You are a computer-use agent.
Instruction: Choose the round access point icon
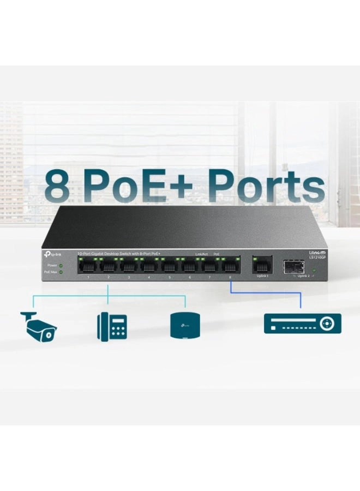tap(185, 326)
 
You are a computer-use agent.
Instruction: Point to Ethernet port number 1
tap(88, 266)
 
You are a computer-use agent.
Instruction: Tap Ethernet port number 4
tap(149, 266)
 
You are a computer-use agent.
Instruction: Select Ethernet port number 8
tap(230, 266)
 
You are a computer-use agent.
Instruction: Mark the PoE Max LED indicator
tap(61, 271)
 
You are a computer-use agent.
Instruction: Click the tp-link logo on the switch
tap(52, 254)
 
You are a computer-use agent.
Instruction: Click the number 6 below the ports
tap(189, 278)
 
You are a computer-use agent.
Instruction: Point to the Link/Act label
tap(202, 254)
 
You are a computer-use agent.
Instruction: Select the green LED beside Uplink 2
tap(314, 270)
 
